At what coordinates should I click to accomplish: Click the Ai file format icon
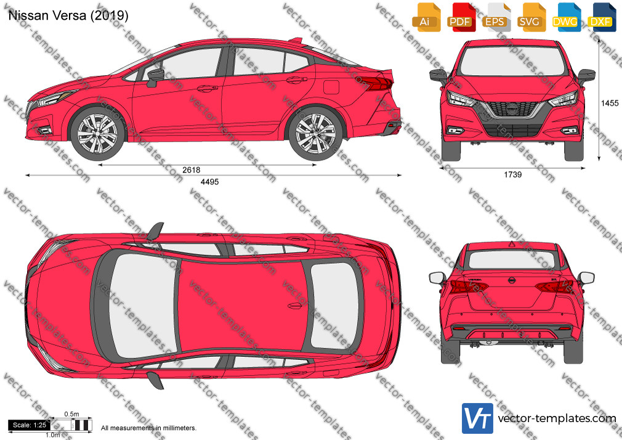(426, 17)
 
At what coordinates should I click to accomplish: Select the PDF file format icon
(461, 17)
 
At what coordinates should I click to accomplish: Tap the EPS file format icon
(496, 17)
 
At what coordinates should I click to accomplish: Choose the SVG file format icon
(531, 17)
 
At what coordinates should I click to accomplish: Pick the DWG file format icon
(566, 17)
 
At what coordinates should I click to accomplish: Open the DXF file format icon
(602, 17)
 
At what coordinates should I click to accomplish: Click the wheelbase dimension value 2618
(191, 170)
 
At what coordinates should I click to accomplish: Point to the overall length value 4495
(209, 182)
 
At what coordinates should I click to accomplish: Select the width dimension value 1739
(512, 175)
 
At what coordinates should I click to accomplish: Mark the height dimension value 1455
(610, 104)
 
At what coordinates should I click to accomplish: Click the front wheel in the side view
(97, 133)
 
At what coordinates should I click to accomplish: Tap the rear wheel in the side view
(315, 133)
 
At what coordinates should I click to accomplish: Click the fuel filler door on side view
(331, 87)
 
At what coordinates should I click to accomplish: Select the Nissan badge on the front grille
(512, 107)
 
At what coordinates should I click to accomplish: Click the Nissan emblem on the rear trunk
(512, 280)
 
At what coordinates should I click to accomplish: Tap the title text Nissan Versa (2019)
(68, 15)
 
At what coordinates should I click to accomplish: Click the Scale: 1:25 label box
(30, 425)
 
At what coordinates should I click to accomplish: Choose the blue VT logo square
(478, 418)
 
